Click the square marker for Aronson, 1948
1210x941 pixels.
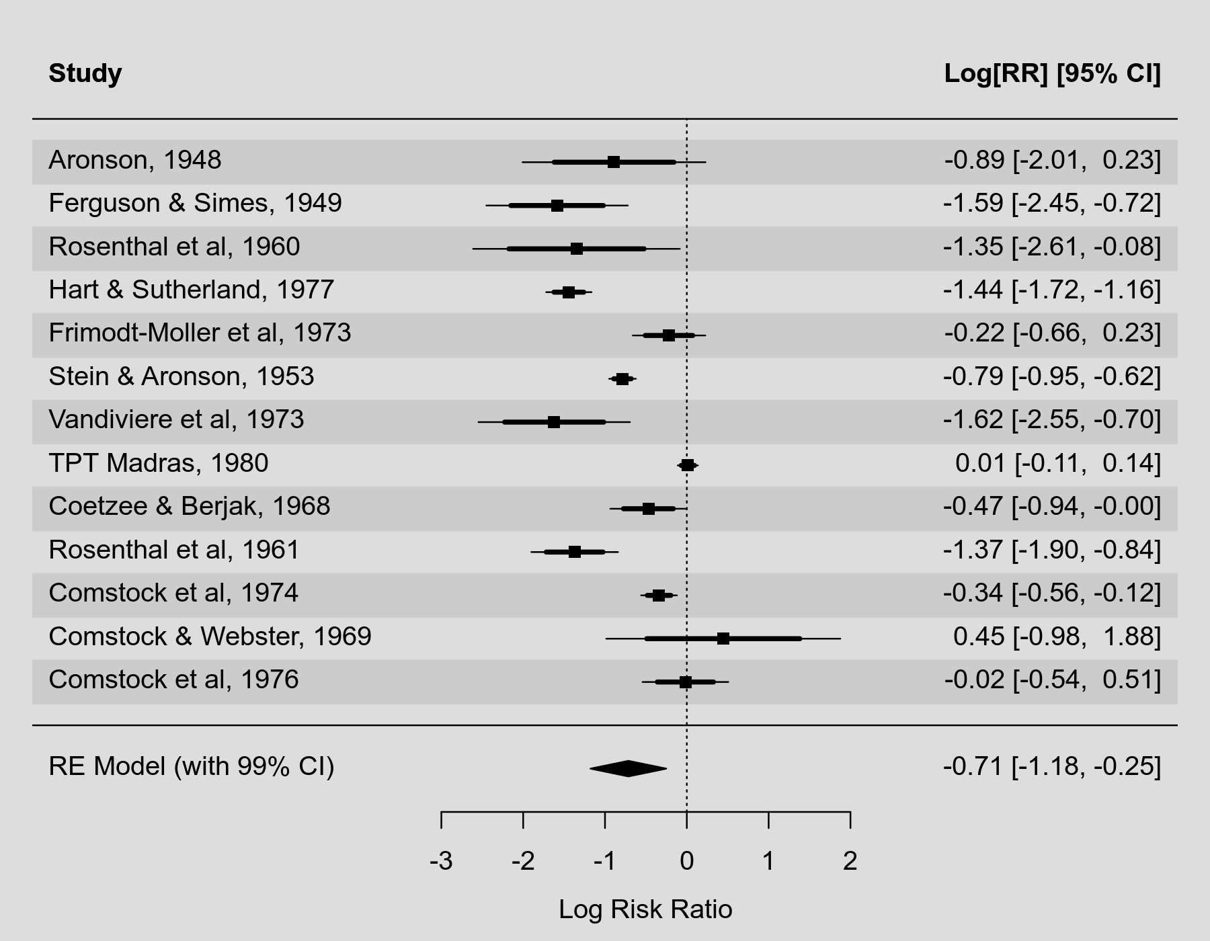tap(613, 162)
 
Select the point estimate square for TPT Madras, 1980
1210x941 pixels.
tap(687, 465)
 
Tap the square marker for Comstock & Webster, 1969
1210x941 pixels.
tap(723, 639)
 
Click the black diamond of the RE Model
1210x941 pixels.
tap(628, 768)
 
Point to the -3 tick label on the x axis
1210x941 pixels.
tap(441, 861)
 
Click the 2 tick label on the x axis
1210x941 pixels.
tap(850, 861)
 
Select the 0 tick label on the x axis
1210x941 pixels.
tap(686, 861)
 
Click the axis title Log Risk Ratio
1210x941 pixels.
tap(645, 909)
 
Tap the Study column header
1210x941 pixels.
tap(85, 73)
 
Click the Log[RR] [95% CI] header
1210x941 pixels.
tap(1052, 73)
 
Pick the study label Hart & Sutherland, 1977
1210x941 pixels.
tap(191, 290)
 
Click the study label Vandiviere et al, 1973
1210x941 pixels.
tap(176, 419)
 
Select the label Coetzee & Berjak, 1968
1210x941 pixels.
tap(190, 506)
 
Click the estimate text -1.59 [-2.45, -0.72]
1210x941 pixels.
tap(1051, 203)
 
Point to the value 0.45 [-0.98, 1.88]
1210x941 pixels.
tap(1057, 637)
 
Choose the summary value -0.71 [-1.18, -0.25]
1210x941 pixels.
tap(1051, 766)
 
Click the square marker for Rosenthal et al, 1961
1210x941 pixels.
tap(575, 552)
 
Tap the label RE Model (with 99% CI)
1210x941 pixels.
tap(192, 766)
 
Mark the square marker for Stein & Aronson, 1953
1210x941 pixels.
tap(622, 379)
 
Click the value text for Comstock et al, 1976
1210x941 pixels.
tap(1052, 680)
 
